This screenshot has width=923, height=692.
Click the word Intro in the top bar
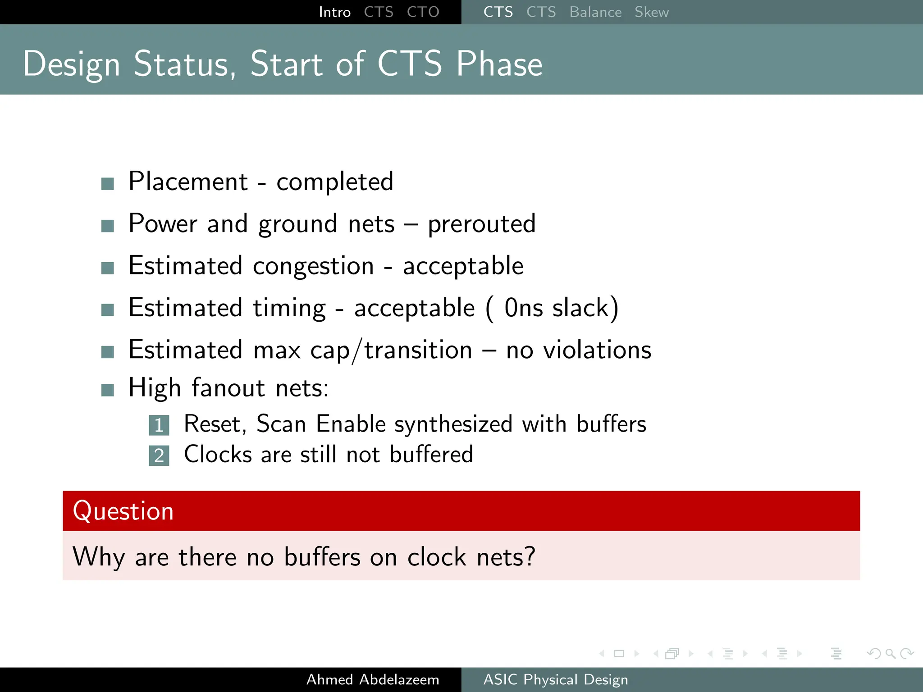[x=334, y=12]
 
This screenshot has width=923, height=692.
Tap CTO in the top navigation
[x=423, y=12]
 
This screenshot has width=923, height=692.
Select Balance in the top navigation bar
[x=595, y=12]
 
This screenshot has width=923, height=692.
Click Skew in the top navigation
[x=651, y=12]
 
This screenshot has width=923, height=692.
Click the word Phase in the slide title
[x=499, y=64]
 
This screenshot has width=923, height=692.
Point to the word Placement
[x=188, y=182]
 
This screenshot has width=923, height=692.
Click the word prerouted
[x=481, y=224]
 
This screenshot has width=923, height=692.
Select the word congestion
[x=313, y=266]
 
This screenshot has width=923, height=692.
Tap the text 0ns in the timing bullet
[x=523, y=308]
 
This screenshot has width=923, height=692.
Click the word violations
[x=597, y=350]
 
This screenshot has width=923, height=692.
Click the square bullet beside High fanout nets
[x=108, y=390]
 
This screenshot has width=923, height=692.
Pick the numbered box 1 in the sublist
[x=159, y=425]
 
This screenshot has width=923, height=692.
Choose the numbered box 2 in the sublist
[x=159, y=455]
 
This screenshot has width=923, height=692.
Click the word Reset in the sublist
[x=215, y=424]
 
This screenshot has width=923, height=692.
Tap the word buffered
[x=431, y=454]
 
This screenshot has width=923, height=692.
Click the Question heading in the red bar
[x=123, y=511]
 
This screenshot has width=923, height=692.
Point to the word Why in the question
[x=98, y=557]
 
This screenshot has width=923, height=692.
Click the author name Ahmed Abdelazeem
[x=373, y=679]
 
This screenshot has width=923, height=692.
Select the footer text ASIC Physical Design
[x=555, y=679]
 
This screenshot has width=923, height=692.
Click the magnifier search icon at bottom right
[x=890, y=653]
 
